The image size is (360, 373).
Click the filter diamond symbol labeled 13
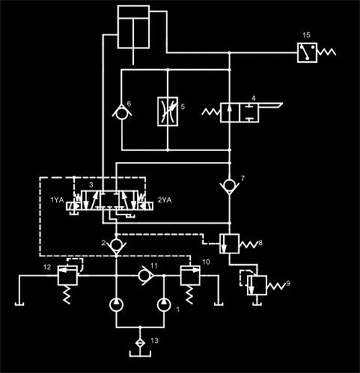pyautogui.click(x=140, y=343)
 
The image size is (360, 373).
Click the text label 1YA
pyautogui.click(x=57, y=199)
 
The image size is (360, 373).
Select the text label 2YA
pyautogui.click(x=165, y=199)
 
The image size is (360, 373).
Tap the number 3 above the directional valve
pyautogui.click(x=91, y=185)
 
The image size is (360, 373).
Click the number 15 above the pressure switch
pyautogui.click(x=307, y=35)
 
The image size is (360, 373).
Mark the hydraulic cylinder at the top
pyautogui.click(x=133, y=27)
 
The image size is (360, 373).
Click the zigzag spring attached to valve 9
pyautogui.click(x=276, y=286)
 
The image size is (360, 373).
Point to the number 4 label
pyautogui.click(x=253, y=98)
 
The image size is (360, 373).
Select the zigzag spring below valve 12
pyautogui.click(x=67, y=295)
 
